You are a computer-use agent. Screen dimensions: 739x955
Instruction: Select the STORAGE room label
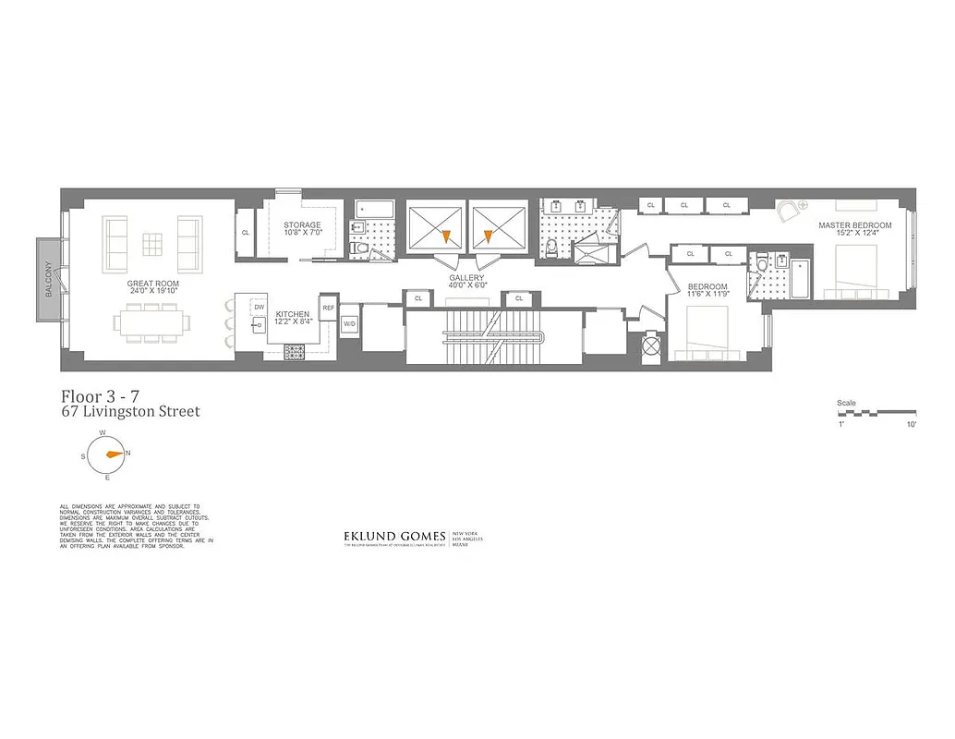pyautogui.click(x=303, y=225)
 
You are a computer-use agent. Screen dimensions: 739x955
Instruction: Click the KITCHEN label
pyautogui.click(x=292, y=315)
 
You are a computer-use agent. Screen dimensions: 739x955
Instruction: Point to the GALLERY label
pyautogui.click(x=466, y=277)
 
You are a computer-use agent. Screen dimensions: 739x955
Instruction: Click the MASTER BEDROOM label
pyautogui.click(x=855, y=225)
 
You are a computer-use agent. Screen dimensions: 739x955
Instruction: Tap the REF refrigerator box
pyautogui.click(x=328, y=306)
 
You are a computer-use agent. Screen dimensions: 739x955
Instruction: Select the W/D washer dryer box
pyautogui.click(x=349, y=324)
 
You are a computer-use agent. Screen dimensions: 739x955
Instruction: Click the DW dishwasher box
pyautogui.click(x=260, y=306)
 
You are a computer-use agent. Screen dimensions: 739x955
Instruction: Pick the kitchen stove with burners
pyautogui.click(x=295, y=352)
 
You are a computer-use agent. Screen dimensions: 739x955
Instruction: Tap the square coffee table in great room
pyautogui.click(x=153, y=243)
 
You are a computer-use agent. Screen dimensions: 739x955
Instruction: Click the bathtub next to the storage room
pyautogui.click(x=375, y=210)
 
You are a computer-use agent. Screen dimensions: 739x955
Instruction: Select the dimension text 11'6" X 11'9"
pyautogui.click(x=707, y=297)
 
